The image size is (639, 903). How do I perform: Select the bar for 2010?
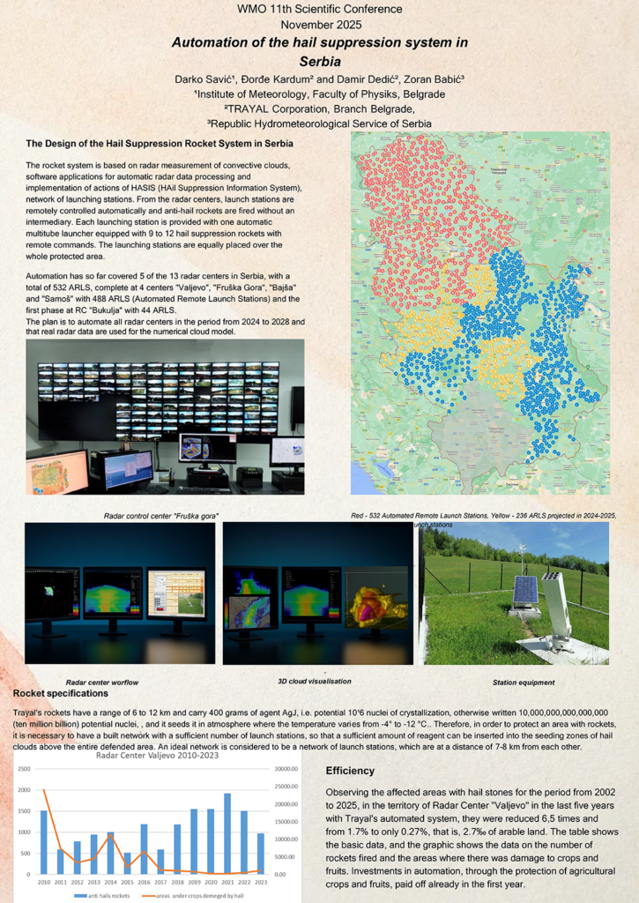(x=44, y=842)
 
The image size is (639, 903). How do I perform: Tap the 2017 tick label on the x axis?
(x=160, y=880)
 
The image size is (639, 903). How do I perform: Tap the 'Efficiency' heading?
(x=350, y=771)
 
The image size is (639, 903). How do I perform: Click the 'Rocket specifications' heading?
(x=59, y=694)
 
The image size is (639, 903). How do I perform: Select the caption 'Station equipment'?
(x=524, y=683)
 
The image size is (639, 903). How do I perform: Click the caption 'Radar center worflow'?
(x=102, y=683)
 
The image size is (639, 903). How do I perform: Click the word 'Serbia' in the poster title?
(x=319, y=62)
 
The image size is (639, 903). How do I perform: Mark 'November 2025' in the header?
(x=320, y=25)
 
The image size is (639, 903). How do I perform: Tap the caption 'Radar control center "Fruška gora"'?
(x=161, y=515)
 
